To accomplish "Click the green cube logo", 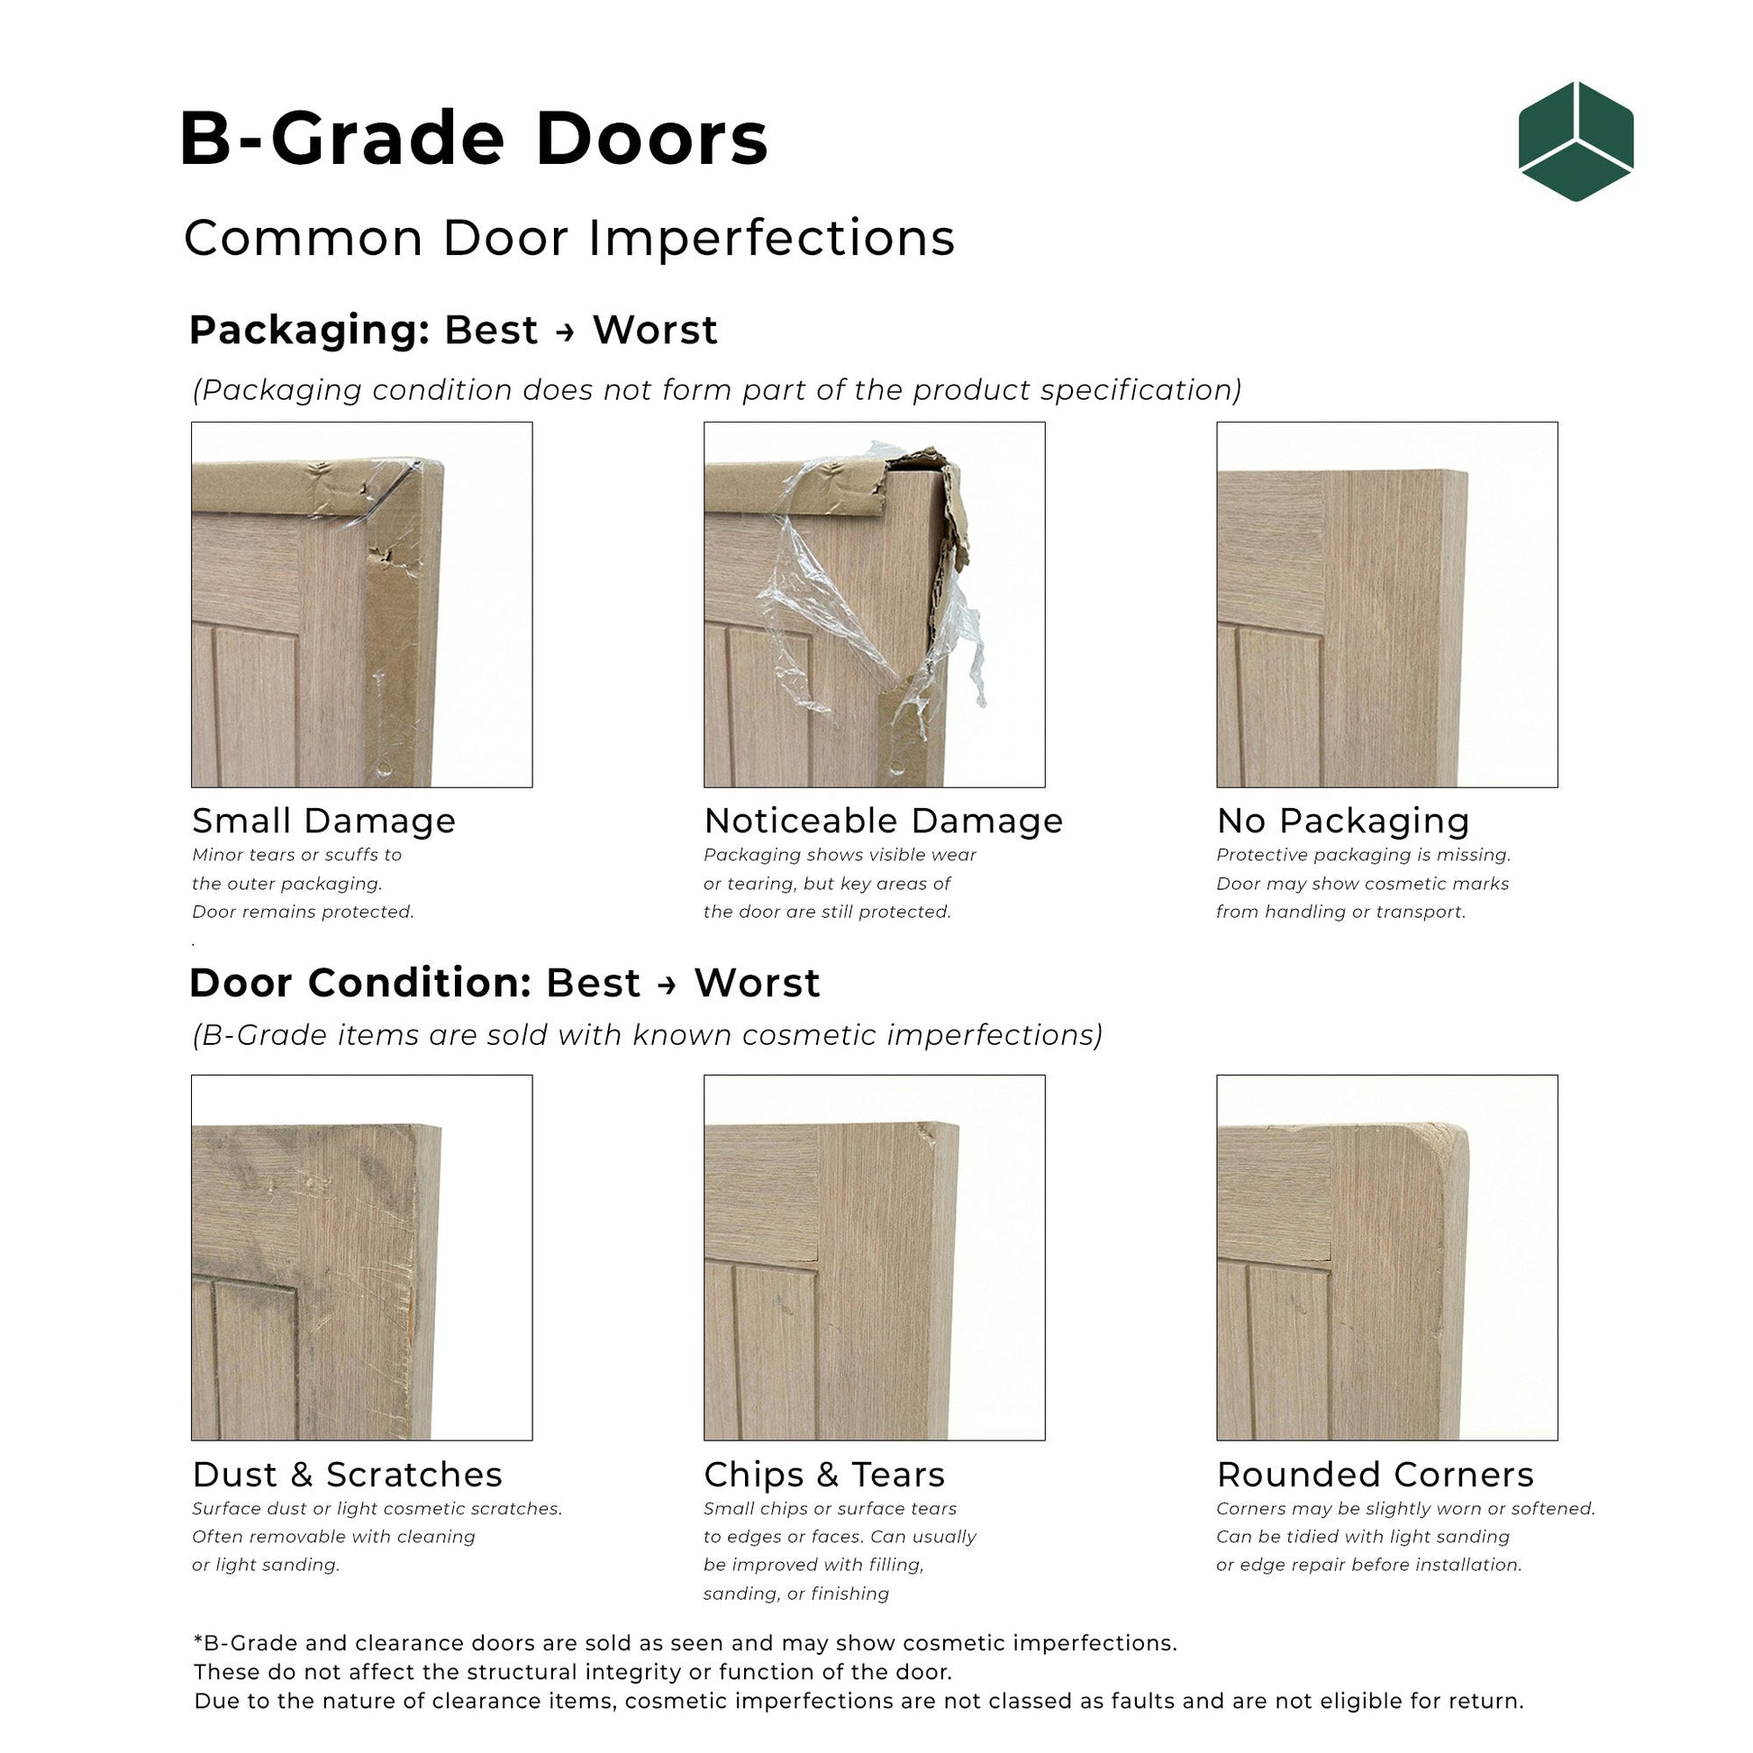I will tap(1576, 141).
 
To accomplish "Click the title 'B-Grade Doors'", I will tap(474, 139).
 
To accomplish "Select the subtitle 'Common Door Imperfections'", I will tap(569, 239).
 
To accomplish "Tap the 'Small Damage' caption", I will tap(324, 822).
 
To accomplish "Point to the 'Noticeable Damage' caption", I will tap(883, 822).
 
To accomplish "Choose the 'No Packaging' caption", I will tap(1343, 822).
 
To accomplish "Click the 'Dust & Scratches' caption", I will tap(347, 1475).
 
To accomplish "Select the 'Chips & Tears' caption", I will tap(824, 1475).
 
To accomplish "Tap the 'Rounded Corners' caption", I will tap(1375, 1475).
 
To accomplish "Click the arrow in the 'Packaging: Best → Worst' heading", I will tap(566, 332).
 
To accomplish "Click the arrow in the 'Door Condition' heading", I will tap(667, 985).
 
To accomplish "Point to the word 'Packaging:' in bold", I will tap(309, 331).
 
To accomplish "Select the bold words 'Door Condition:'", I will tap(360, 984).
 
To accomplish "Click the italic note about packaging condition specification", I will tap(717, 390).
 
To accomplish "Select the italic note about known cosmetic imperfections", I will tap(647, 1035).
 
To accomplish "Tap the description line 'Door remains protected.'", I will tap(303, 912).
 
